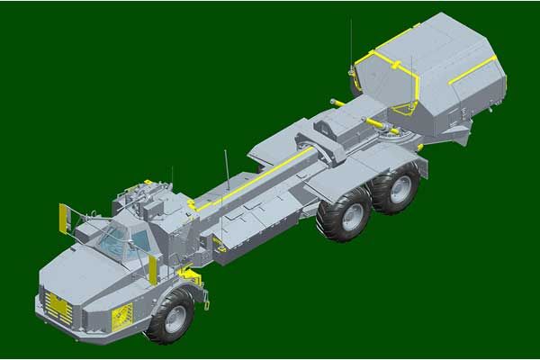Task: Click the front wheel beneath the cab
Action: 170,315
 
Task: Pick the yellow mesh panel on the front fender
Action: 121,314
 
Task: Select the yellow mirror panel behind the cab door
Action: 153,268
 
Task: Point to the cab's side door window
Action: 140,242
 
